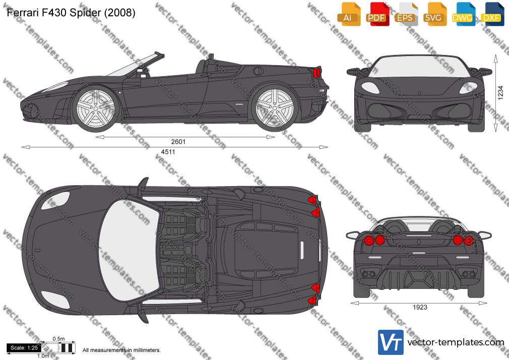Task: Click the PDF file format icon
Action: pos(377,14)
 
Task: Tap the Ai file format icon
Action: pos(349,14)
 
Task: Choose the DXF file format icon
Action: pos(492,14)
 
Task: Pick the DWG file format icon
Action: pos(464,14)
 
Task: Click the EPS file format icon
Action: pos(406,14)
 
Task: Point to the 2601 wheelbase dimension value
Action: pos(178,142)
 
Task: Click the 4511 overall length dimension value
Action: pos(168,152)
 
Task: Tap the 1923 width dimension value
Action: pos(420,308)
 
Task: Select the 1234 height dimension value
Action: pos(500,93)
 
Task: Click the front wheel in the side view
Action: pos(96,108)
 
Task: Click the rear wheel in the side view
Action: pos(275,108)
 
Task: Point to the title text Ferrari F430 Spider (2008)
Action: pos(71,13)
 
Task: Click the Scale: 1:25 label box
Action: pos(24,348)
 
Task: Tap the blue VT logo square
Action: pos(391,342)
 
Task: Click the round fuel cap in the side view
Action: pos(258,71)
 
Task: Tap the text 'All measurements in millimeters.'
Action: pos(121,350)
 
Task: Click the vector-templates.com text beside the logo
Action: pos(456,342)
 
